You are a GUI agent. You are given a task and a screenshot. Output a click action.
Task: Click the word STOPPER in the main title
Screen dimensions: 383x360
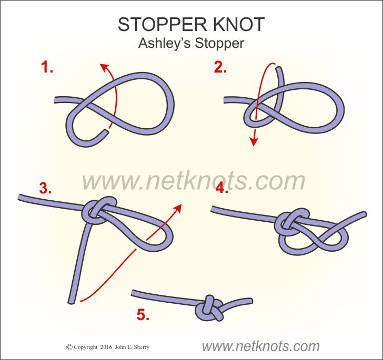click(x=162, y=24)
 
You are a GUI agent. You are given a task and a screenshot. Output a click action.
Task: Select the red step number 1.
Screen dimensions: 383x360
click(x=47, y=67)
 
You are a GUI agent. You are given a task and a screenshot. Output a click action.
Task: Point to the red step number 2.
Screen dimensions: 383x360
click(x=220, y=67)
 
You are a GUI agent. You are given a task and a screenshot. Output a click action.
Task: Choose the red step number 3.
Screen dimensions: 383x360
click(x=45, y=188)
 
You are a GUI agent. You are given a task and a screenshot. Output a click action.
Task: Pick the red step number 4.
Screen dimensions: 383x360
click(x=222, y=188)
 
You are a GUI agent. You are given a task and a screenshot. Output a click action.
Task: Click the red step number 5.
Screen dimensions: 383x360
click(x=143, y=314)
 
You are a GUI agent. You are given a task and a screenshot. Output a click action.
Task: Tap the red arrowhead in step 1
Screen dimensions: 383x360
click(x=105, y=67)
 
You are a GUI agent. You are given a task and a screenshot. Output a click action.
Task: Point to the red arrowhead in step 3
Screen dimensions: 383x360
click(x=178, y=208)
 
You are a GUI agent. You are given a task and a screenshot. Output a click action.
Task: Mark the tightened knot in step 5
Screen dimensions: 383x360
click(x=209, y=308)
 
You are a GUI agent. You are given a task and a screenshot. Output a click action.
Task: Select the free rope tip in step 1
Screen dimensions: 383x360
click(x=106, y=132)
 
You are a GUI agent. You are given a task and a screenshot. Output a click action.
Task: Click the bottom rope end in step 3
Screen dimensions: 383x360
click(x=72, y=302)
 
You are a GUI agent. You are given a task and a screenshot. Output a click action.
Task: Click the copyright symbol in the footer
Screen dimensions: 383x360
click(x=69, y=347)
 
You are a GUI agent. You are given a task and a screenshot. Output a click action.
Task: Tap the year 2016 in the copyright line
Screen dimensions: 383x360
click(x=106, y=347)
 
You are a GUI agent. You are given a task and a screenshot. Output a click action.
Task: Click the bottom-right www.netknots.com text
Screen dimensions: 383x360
click(x=260, y=346)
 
